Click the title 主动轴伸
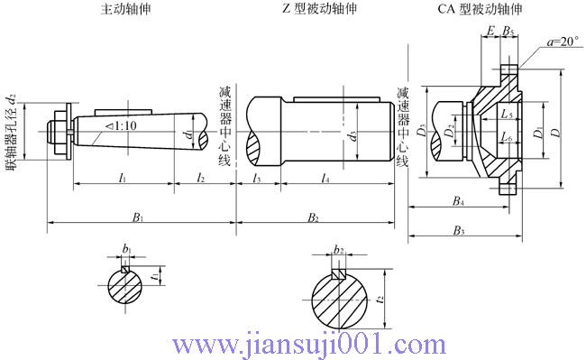[125, 9]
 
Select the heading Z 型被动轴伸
[319, 9]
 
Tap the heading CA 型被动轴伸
[480, 9]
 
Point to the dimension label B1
[138, 217]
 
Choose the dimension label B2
[313, 217]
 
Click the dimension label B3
[459, 231]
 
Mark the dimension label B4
[458, 201]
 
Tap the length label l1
[123, 178]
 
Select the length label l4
[325, 178]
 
